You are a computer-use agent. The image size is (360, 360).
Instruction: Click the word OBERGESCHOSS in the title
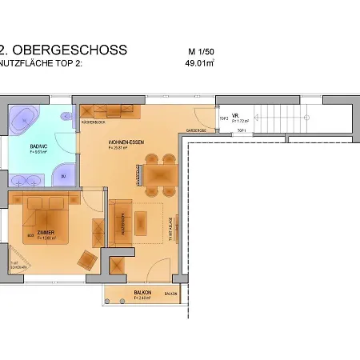point(72,50)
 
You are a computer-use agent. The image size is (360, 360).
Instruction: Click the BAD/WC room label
point(40,146)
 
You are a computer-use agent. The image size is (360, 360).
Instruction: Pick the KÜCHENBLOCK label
point(94,122)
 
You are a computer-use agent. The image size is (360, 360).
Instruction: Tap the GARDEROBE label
point(197,128)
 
